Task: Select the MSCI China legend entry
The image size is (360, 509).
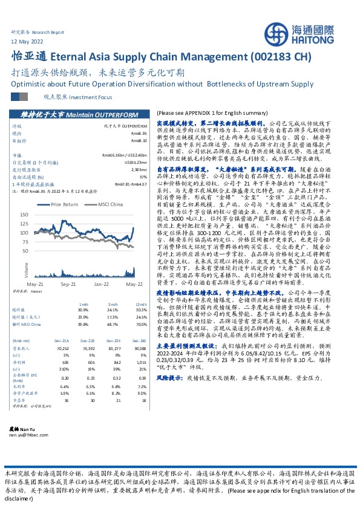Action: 110,204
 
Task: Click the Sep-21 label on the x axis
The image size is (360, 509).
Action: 68,284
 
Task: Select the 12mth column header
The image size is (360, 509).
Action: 141,303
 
